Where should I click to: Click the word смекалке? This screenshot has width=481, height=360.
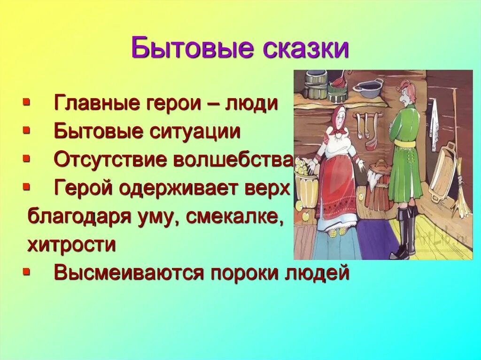(240, 216)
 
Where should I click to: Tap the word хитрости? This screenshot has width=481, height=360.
(71, 245)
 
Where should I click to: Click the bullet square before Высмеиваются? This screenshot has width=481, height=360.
(27, 271)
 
